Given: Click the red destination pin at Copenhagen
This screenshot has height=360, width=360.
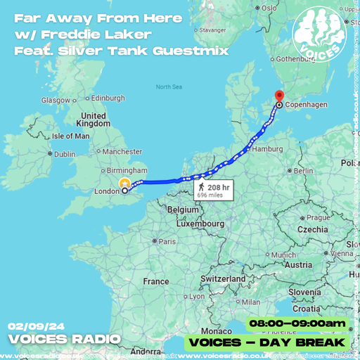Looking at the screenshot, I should point(278,97).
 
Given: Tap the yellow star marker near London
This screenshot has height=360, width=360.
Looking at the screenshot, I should point(124,182).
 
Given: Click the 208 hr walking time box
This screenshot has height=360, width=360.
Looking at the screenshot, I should point(214,190).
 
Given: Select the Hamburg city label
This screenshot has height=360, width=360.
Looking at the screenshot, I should point(267,149).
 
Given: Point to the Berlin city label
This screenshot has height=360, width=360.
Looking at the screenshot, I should point(304,171).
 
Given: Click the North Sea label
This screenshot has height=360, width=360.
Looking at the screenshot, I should point(169,87).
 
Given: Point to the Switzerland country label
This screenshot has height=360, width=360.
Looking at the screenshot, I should point(222,278).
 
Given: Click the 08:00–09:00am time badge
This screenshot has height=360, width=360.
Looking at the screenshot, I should point(297,323).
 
